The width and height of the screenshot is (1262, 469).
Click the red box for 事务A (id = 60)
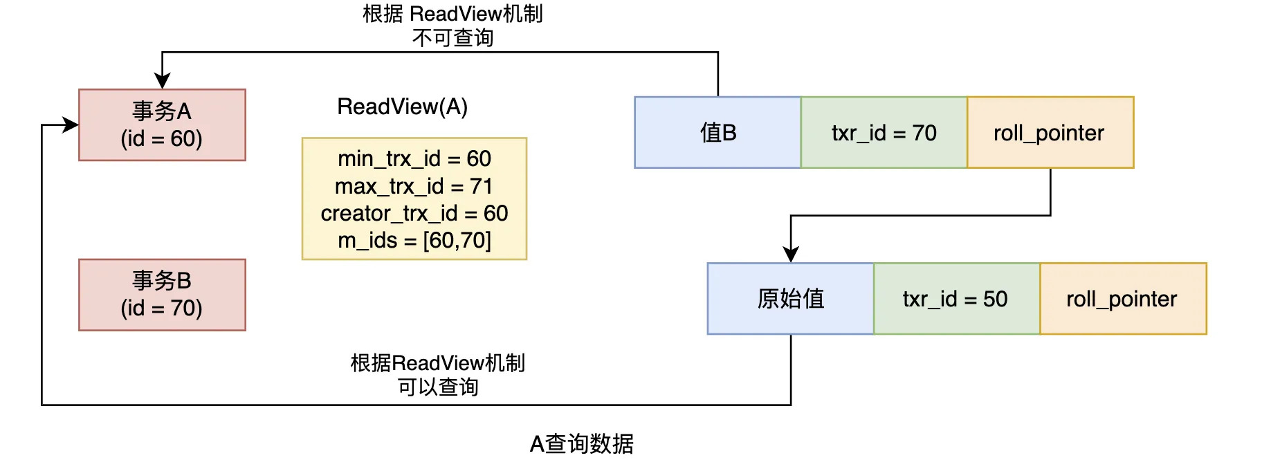coord(162,125)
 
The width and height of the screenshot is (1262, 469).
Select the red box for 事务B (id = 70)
coord(162,295)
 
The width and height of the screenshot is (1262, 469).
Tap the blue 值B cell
coord(717,132)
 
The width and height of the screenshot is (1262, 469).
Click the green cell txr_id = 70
coord(884,132)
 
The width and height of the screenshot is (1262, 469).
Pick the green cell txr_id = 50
coord(957,299)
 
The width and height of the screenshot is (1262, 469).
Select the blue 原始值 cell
coord(791,299)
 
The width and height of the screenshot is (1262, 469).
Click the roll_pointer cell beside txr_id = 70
coord(1050,132)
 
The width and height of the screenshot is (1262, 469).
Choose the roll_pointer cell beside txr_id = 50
coord(1123,299)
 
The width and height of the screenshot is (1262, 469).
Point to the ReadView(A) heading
coord(402,107)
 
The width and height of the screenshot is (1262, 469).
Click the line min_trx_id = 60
coord(414,158)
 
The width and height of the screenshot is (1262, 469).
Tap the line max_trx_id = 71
coord(414,186)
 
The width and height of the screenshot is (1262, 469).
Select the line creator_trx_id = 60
coord(414,213)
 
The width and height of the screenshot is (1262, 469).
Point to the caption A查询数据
coord(582,443)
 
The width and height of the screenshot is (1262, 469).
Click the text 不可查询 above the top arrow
coord(453,37)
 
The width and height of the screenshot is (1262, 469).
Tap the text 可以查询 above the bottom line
coord(438,387)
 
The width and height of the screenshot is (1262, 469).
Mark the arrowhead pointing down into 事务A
coord(162,80)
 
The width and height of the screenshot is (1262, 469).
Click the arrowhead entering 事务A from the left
coord(71,125)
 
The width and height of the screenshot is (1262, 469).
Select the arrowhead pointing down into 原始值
coord(791,254)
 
